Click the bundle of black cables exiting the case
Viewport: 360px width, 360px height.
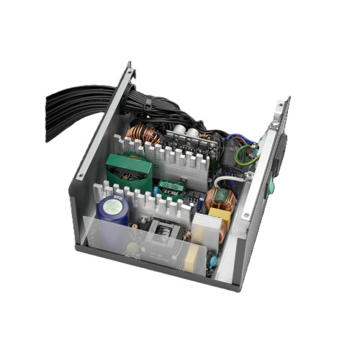[x=79, y=102]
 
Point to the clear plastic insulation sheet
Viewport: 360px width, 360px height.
[x=115, y=238]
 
